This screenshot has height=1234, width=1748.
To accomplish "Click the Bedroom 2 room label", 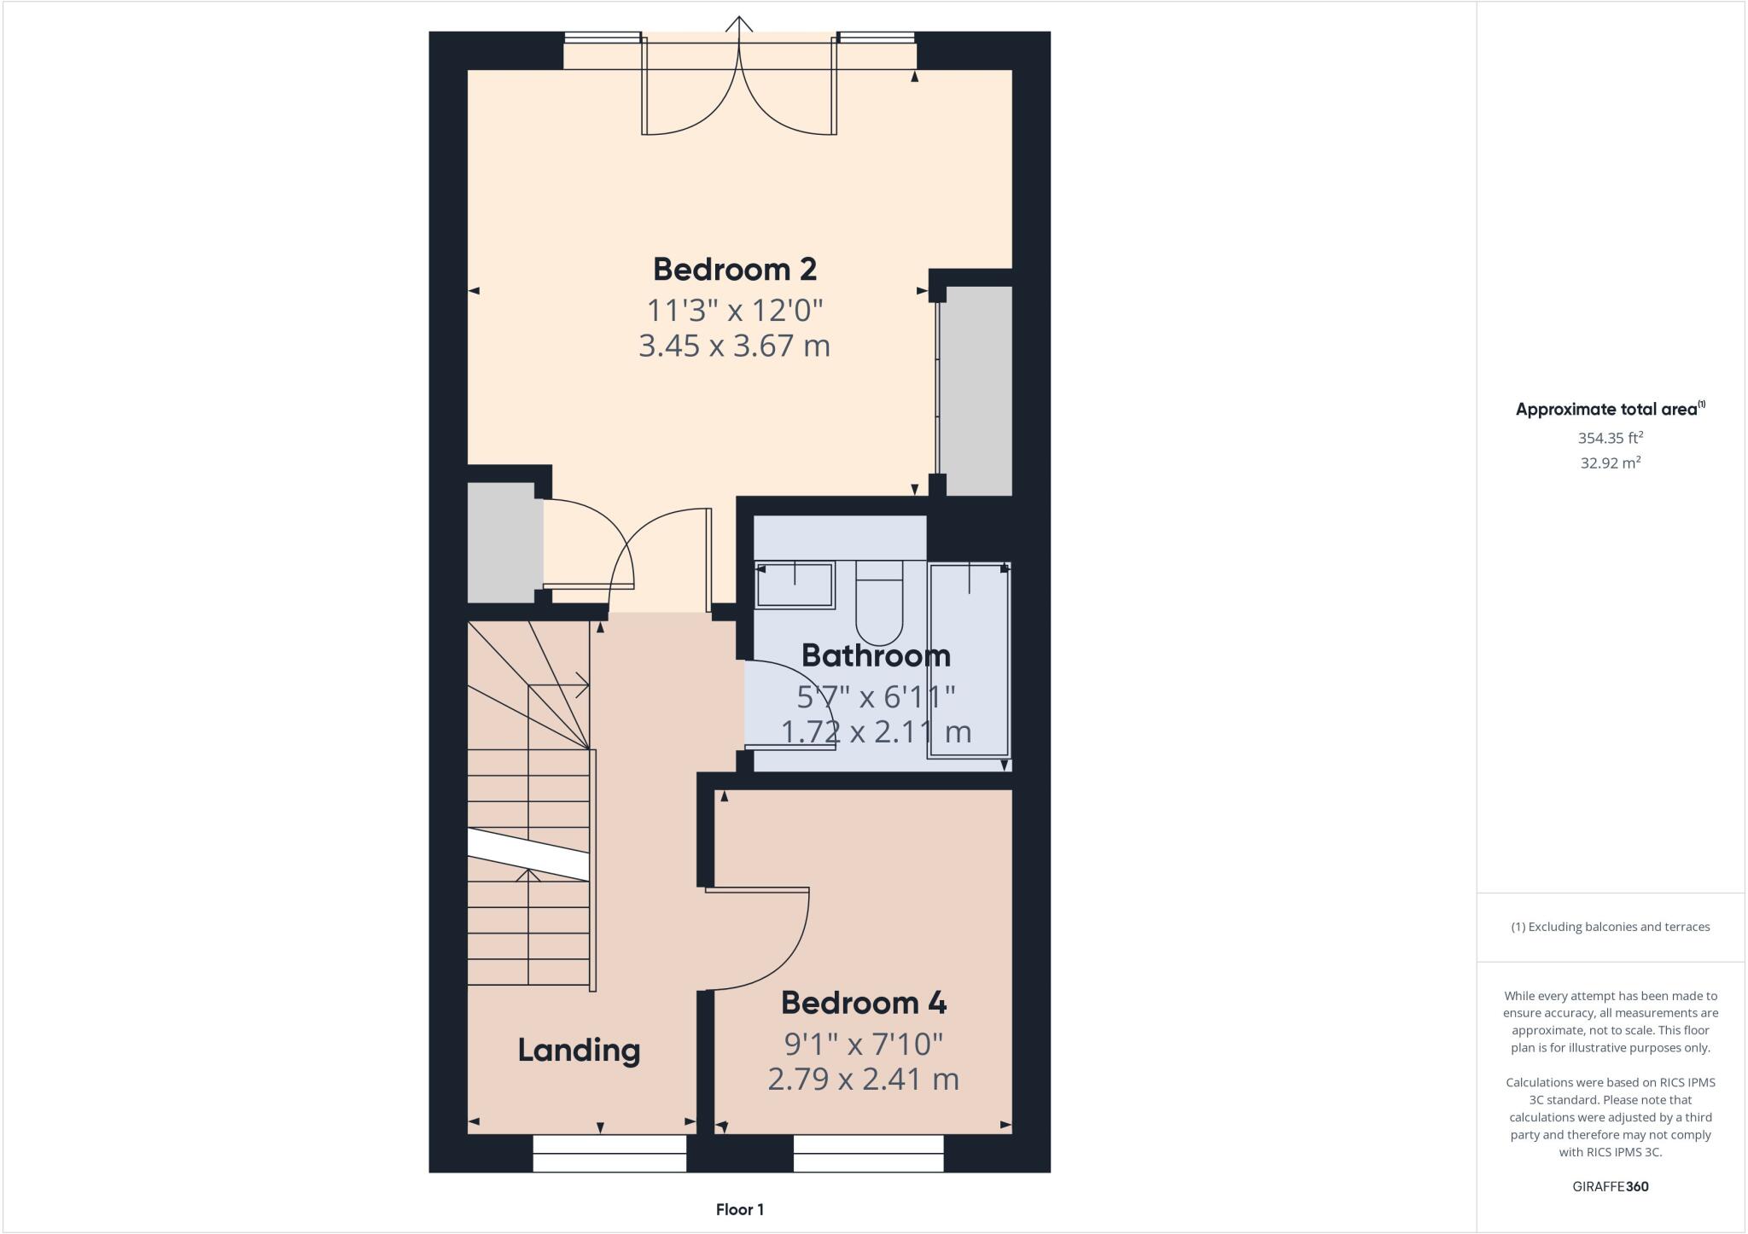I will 734,269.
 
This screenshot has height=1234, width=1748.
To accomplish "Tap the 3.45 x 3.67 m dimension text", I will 734,346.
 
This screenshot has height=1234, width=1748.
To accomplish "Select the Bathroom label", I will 876,655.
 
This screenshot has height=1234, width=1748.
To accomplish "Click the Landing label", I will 579,1050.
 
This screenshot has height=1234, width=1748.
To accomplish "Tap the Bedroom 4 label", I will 863,1003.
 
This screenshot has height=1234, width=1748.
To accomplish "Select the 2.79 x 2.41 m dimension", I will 863,1080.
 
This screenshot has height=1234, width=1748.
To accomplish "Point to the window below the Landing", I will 609,1153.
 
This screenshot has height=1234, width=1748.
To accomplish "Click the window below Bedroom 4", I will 868,1153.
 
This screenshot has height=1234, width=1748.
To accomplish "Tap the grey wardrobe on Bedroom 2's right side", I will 978,391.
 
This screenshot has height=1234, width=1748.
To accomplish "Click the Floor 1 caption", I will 739,1209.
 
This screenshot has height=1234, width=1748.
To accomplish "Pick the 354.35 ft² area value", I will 1610,438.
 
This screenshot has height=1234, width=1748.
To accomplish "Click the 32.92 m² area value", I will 1610,463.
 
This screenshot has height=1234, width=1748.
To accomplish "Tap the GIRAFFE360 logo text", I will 1610,1186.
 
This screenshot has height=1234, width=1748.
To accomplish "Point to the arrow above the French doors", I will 739,24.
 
